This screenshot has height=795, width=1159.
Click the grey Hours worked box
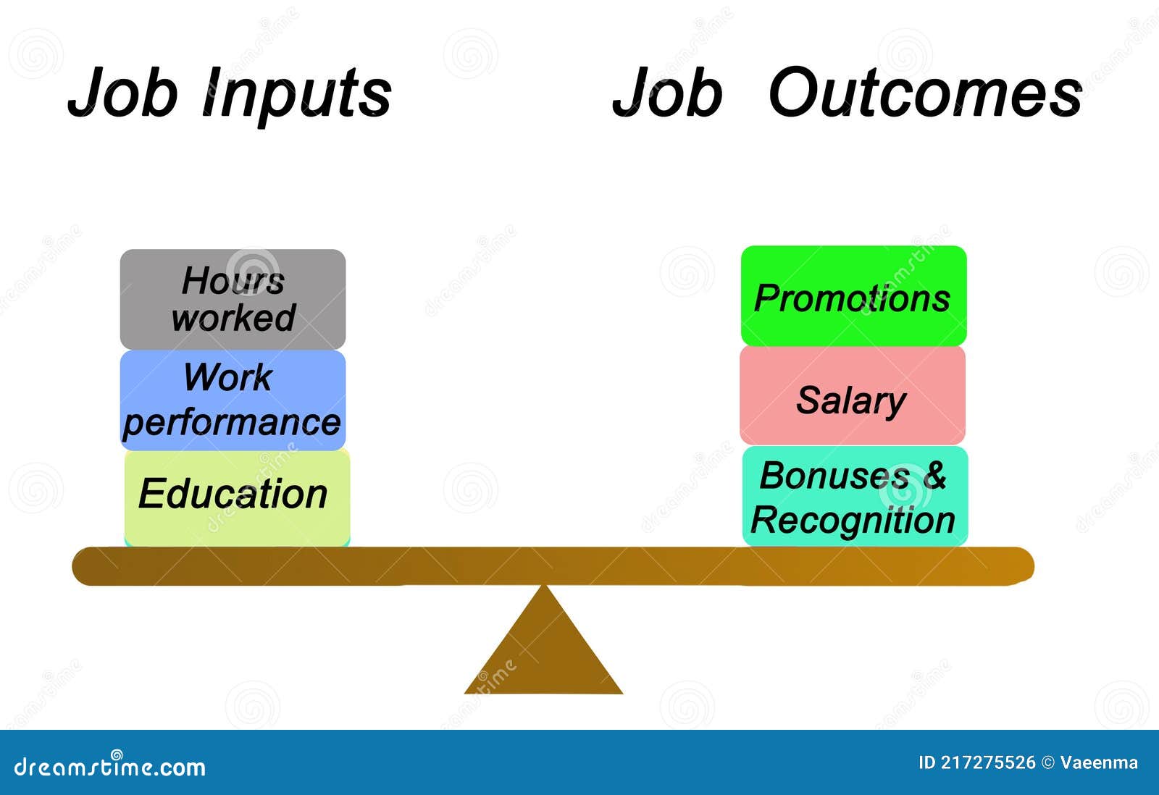pos(233,300)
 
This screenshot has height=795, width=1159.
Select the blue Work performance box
pos(233,400)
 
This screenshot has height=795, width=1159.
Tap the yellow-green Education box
pos(236,496)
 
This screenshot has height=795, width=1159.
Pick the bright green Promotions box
pos(853,297)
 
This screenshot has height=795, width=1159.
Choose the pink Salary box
pos(852,396)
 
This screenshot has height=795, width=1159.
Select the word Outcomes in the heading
pos(924,93)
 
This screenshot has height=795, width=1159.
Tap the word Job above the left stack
pos(122,93)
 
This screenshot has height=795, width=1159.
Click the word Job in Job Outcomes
pos(667,93)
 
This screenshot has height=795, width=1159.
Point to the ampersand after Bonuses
pos(934,475)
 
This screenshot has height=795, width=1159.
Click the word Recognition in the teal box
pos(853,521)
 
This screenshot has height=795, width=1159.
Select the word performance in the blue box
pos(232,423)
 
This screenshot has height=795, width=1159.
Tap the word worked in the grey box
pos(233,319)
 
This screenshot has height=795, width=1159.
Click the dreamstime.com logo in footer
pos(110,766)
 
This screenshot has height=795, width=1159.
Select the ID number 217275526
pos(988,762)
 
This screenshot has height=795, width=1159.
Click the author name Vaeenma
pos(1099,762)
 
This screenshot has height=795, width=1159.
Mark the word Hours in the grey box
pos(233,280)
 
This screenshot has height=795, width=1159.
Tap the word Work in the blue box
pos(227,377)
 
